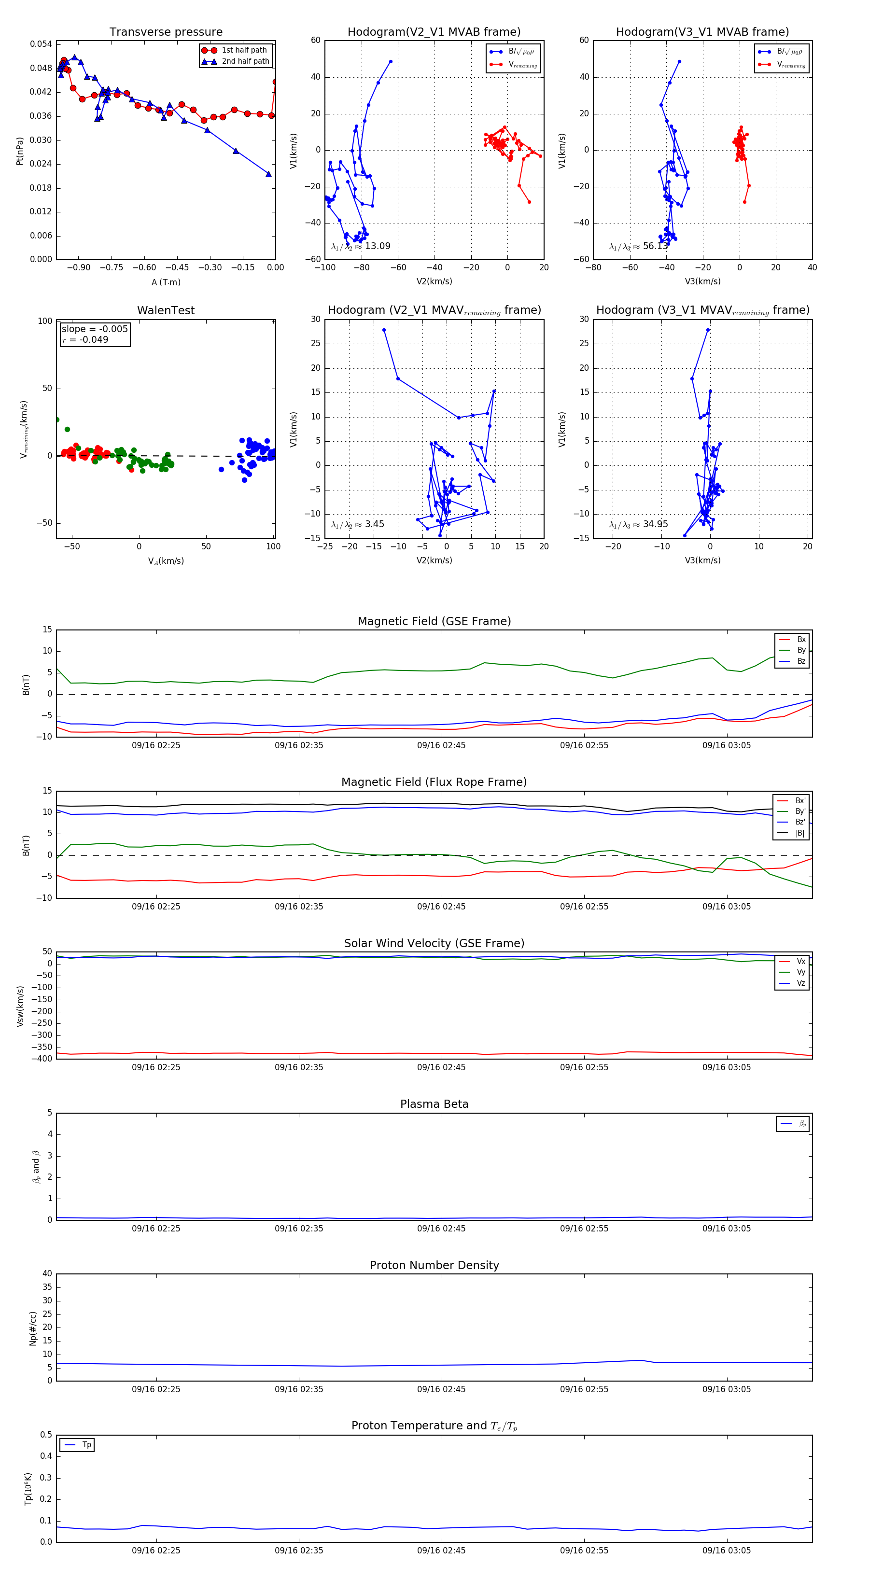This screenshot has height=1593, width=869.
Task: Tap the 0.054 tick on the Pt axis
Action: coord(41,44)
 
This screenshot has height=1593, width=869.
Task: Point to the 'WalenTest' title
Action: coord(166,310)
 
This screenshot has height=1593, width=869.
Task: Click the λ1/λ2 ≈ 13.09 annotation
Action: coord(361,246)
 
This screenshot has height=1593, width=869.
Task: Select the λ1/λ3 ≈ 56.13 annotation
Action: coord(638,246)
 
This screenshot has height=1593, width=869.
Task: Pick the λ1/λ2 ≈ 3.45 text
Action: coord(357,524)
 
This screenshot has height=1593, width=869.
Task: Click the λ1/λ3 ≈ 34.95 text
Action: coord(638,524)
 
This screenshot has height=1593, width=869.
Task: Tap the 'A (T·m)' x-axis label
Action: coord(166,282)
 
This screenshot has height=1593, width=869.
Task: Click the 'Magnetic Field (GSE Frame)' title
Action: coord(434,621)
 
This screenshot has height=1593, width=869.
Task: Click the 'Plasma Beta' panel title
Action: coord(434,1104)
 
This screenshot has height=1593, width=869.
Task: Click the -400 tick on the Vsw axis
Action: coord(44,1059)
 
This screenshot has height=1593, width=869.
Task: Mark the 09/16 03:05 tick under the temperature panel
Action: coord(726,1551)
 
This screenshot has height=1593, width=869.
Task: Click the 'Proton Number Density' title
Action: coord(434,1265)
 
